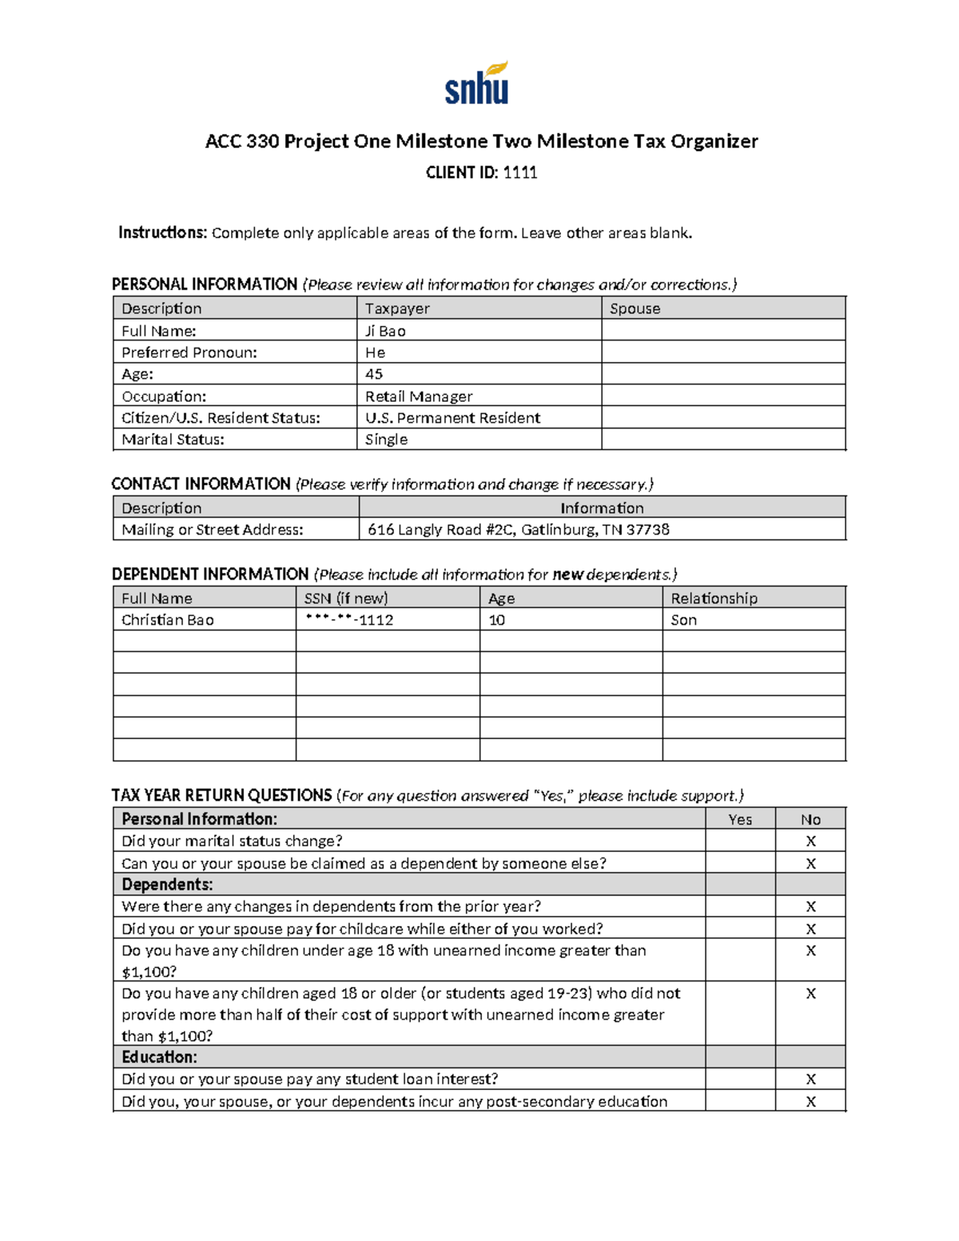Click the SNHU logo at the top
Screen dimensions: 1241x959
pos(477,84)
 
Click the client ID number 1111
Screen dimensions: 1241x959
pos(519,173)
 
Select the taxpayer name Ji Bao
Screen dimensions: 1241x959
pos(385,331)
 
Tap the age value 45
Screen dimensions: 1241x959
pos(374,374)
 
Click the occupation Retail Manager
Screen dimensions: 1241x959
pos(419,396)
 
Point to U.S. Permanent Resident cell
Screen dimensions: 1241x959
pos(452,418)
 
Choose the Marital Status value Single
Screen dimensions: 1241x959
pos(386,440)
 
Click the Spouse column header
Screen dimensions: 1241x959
pos(635,308)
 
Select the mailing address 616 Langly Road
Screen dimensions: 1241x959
pos(518,530)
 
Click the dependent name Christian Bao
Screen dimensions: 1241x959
pos(168,620)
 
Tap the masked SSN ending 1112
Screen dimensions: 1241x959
pos(349,620)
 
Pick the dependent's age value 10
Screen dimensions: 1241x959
pos(496,620)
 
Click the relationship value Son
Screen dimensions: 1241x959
pos(683,620)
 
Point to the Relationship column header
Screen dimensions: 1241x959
pos(714,599)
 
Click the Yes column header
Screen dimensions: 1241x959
pos(740,819)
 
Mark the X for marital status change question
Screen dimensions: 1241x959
pos(810,841)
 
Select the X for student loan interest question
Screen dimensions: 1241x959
pos(810,1080)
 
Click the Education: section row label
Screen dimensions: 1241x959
pos(159,1057)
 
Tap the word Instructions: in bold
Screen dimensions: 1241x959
pos(163,233)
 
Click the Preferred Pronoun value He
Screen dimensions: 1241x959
pos(375,352)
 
